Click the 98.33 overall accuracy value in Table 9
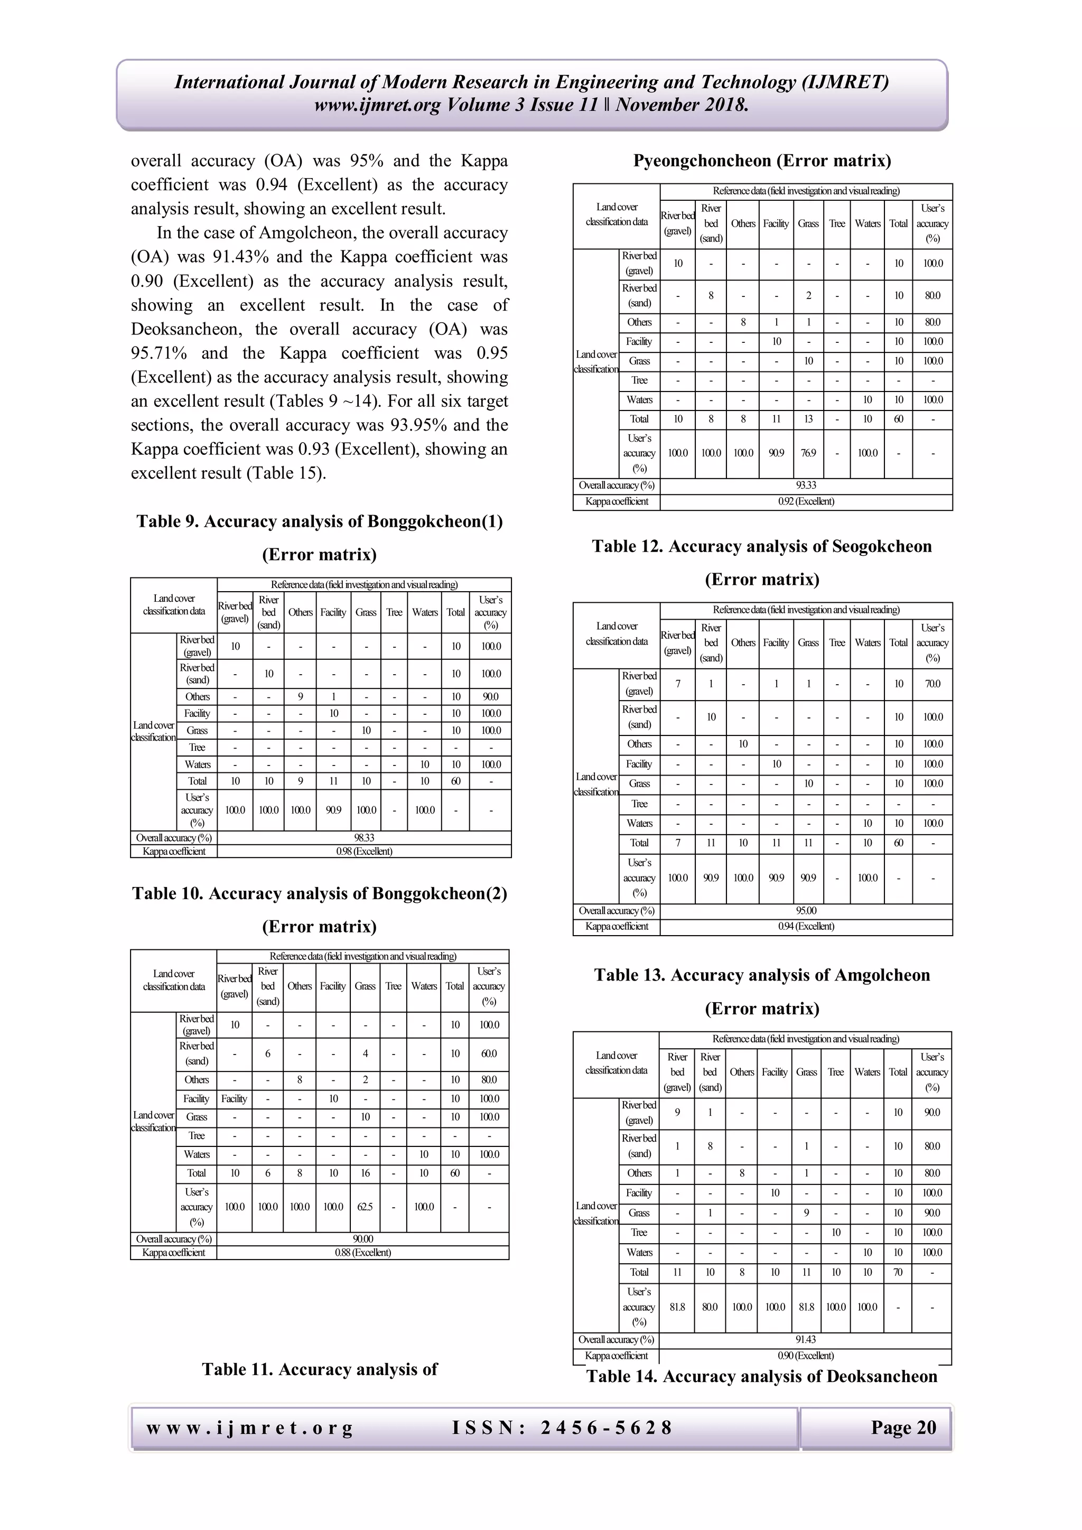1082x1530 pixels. tap(364, 837)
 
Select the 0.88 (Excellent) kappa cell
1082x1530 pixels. tap(362, 1252)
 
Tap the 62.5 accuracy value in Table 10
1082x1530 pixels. tap(365, 1206)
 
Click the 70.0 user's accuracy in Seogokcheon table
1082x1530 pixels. tap(932, 684)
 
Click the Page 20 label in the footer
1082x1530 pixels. tap(903, 1428)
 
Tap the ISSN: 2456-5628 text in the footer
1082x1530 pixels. tap(562, 1428)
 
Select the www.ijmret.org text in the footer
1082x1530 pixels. tap(249, 1428)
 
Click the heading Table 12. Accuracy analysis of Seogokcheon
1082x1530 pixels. tap(761, 546)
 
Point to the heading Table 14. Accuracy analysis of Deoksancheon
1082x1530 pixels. tap(761, 1377)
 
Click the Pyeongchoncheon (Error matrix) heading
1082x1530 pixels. tap(761, 161)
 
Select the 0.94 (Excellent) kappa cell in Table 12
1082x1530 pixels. tap(806, 926)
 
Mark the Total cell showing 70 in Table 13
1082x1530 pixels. tap(898, 1272)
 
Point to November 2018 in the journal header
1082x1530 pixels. tap(682, 105)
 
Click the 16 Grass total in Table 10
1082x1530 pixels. tap(365, 1173)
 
